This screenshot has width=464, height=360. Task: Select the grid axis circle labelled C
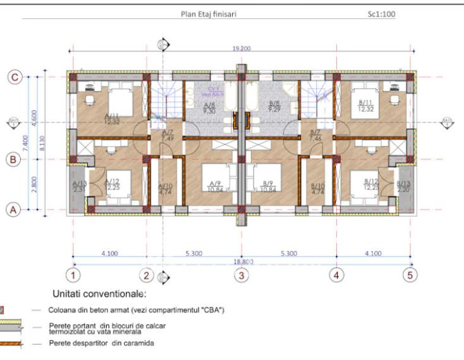pos(15,77)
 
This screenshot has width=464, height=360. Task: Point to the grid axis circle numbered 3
pos(240,275)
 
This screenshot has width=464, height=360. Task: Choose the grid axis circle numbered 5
pos(410,275)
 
